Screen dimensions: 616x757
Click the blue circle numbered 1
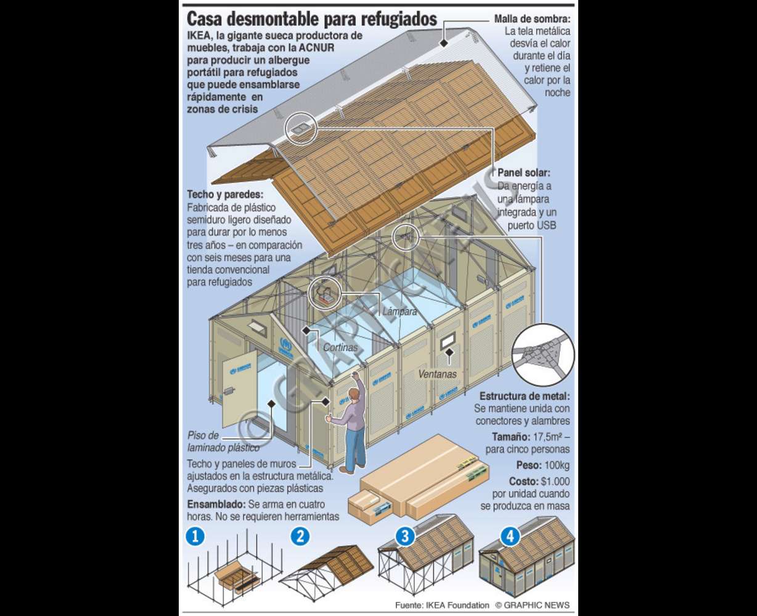(x=195, y=537)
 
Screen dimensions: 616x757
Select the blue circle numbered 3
(x=404, y=536)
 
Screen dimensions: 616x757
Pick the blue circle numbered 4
(x=509, y=537)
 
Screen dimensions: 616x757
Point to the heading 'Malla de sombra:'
(x=532, y=19)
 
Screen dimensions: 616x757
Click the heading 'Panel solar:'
(x=523, y=173)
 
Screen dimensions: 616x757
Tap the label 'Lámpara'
(x=399, y=312)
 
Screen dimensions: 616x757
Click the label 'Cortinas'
(x=340, y=347)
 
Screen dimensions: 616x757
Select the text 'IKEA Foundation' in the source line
(x=458, y=605)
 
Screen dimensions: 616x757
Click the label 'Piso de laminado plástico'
(x=223, y=442)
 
